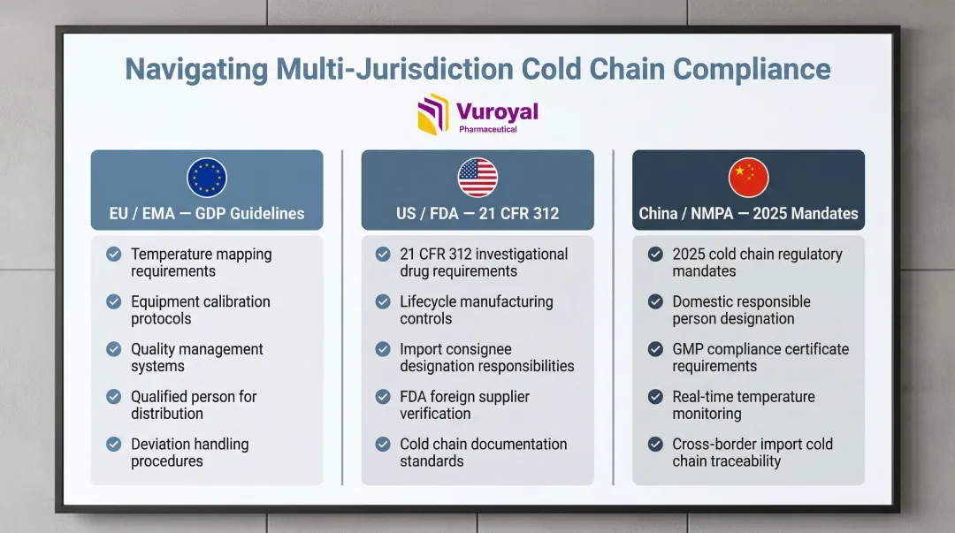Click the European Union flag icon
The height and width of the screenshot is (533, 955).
click(207, 178)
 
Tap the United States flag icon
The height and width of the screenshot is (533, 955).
click(477, 178)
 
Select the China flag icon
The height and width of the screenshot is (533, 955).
click(749, 178)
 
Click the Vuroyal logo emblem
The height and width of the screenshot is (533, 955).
click(433, 113)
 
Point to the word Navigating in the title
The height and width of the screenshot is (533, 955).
click(196, 69)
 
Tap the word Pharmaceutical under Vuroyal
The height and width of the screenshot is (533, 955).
click(488, 129)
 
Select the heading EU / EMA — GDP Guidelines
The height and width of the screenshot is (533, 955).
click(207, 213)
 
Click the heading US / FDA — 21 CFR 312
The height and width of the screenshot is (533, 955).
click(477, 213)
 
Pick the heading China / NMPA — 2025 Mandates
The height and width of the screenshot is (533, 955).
click(749, 213)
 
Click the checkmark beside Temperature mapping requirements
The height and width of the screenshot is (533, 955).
click(114, 254)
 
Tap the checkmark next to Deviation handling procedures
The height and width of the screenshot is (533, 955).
click(114, 444)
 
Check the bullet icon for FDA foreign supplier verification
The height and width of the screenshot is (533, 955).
click(383, 397)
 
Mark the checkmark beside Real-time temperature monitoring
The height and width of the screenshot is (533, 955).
click(655, 397)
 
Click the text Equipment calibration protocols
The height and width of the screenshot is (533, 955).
click(201, 310)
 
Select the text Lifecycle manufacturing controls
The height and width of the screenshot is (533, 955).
click(477, 310)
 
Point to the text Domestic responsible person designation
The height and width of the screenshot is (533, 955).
click(741, 310)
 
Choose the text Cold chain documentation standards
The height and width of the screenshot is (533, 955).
click(483, 453)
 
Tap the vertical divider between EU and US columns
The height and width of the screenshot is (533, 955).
click(342, 317)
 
